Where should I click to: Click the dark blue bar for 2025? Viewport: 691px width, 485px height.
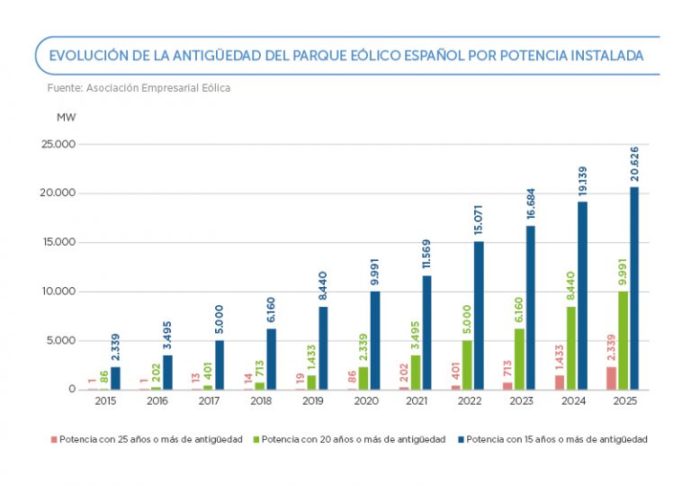(x=634, y=288)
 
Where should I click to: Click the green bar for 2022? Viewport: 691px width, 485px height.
(x=467, y=364)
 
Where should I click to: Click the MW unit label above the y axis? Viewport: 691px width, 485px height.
(x=67, y=117)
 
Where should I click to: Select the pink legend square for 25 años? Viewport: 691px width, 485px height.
(x=53, y=440)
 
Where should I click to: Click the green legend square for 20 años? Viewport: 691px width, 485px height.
(x=256, y=440)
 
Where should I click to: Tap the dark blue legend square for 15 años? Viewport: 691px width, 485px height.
(x=461, y=440)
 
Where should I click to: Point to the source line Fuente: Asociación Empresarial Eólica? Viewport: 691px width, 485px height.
(x=139, y=88)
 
